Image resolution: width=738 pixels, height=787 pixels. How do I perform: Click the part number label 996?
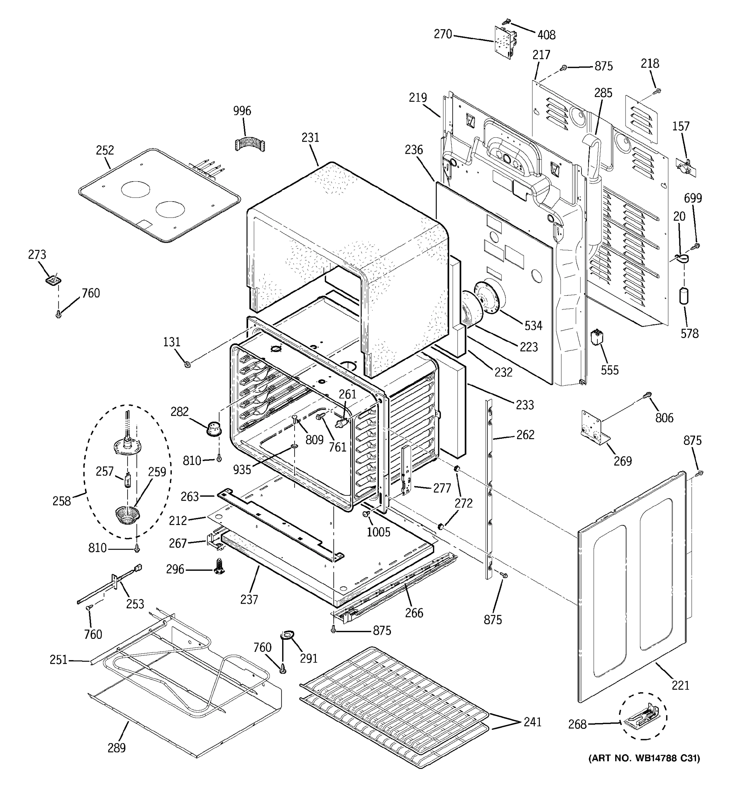click(x=242, y=111)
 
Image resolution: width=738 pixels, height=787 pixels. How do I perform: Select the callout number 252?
click(x=105, y=150)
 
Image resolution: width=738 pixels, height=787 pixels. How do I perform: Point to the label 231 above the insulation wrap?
click(x=310, y=137)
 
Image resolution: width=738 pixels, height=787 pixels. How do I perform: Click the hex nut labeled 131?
click(x=188, y=363)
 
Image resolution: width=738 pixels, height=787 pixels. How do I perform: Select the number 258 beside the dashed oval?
click(x=62, y=501)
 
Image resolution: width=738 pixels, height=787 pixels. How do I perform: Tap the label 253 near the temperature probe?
click(x=135, y=604)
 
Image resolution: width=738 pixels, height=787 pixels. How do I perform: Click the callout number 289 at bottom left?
click(x=116, y=748)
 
